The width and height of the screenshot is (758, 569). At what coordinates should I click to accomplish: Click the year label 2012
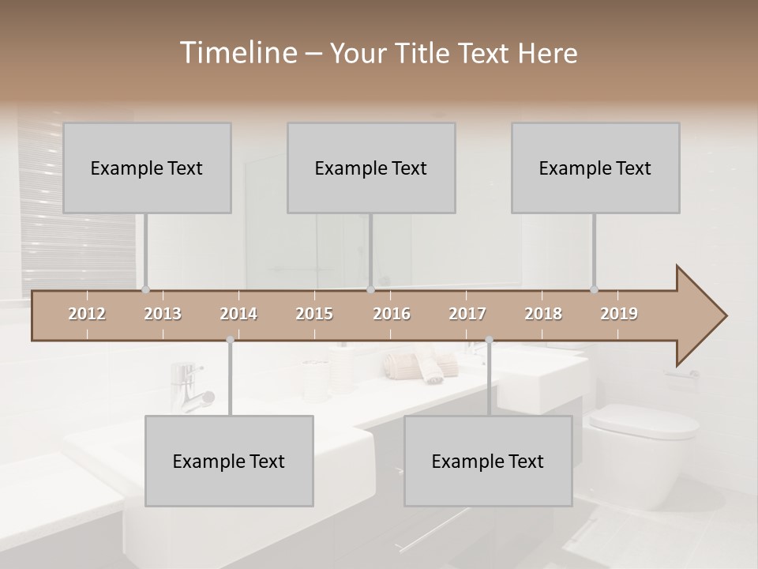(x=87, y=314)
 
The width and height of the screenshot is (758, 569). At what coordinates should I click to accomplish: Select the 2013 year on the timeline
(x=163, y=314)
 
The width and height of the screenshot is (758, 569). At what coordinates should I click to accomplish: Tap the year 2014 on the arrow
(x=238, y=314)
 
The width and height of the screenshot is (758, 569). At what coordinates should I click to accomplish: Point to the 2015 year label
(x=314, y=314)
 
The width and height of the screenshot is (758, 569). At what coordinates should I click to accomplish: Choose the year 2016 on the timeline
(x=392, y=314)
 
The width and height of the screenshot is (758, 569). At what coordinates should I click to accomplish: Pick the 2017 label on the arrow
(x=467, y=314)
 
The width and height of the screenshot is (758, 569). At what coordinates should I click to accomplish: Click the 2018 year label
(x=543, y=314)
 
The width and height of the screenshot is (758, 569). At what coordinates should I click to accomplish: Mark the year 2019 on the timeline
(x=619, y=314)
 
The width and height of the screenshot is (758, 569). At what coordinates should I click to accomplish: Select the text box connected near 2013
(x=147, y=168)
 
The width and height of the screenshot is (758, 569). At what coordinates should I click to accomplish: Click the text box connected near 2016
(x=371, y=168)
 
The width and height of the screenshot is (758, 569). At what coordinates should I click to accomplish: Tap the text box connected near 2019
(x=595, y=168)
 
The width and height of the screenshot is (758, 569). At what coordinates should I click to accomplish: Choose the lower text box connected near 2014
(x=229, y=461)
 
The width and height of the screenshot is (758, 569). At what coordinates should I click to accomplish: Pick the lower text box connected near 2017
(x=488, y=461)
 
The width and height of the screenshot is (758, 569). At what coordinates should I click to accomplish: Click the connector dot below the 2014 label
(x=230, y=340)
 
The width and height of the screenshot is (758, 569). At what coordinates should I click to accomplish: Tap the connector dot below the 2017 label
(x=489, y=340)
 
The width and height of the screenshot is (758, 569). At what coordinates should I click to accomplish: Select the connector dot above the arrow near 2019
(x=594, y=289)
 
